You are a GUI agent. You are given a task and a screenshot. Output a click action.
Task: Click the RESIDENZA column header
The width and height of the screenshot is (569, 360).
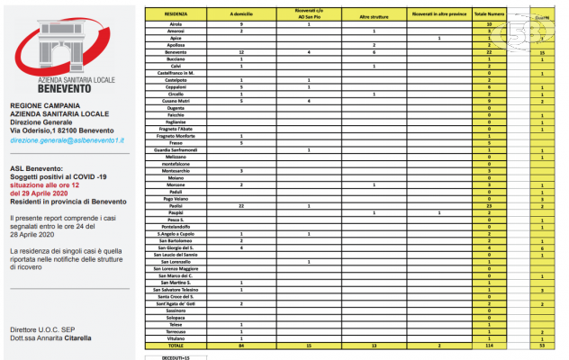177,14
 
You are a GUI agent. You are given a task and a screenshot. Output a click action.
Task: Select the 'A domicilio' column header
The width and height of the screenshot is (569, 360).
242,14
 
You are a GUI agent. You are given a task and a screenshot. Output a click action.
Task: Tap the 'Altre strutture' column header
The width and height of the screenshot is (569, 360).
374,14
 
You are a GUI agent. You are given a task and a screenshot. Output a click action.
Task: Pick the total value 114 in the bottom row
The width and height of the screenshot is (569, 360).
487,345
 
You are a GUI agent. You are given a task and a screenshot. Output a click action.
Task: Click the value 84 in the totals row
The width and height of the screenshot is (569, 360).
242,345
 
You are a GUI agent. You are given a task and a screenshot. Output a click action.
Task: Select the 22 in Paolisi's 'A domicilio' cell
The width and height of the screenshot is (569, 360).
242,206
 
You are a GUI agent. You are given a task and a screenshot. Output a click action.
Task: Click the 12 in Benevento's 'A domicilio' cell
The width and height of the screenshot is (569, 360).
242,52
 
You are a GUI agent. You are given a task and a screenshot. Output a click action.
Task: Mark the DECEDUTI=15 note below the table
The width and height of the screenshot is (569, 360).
169,355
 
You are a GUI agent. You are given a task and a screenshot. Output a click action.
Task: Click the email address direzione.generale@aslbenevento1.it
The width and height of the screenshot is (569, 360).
67,140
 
